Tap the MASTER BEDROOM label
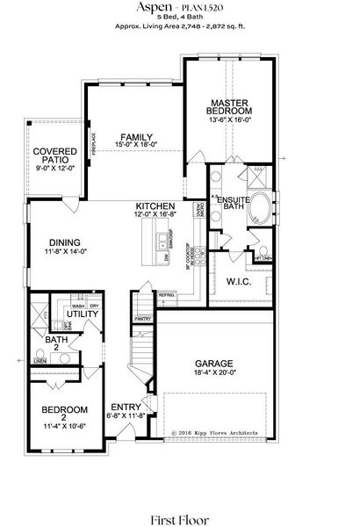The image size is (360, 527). pos(229,108)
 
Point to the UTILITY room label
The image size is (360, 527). pos(82,314)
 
